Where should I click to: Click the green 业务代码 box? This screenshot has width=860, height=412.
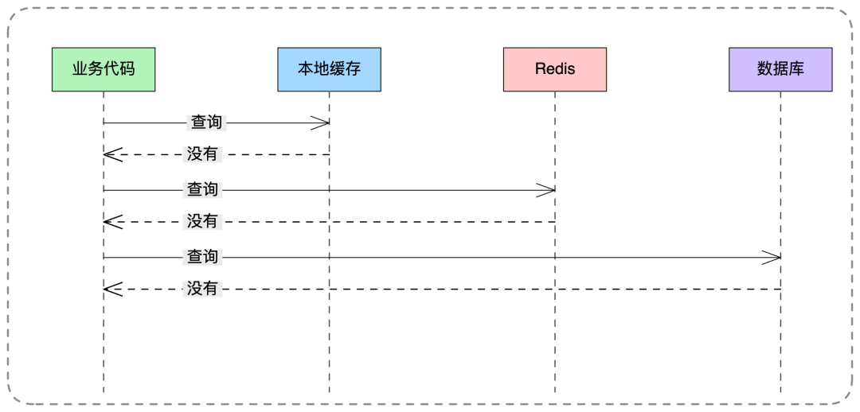click(x=104, y=69)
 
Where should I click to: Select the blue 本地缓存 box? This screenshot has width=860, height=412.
click(x=329, y=69)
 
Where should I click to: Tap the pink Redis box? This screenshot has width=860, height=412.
click(x=554, y=69)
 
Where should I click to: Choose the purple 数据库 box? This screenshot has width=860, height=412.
click(x=780, y=69)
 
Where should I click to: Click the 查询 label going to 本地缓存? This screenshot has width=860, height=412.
click(x=205, y=122)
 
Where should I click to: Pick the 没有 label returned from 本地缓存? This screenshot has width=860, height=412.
click(x=201, y=154)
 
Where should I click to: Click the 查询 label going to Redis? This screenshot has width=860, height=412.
click(x=202, y=190)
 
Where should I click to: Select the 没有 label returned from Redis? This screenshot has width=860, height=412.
click(x=201, y=222)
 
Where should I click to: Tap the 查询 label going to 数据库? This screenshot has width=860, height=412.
click(x=202, y=258)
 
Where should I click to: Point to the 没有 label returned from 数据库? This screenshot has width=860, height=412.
click(x=201, y=290)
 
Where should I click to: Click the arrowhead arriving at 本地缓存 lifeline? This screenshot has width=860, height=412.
click(x=322, y=122)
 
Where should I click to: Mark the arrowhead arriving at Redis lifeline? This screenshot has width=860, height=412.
click(x=547, y=190)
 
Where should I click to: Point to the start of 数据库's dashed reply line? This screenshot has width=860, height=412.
click(x=780, y=290)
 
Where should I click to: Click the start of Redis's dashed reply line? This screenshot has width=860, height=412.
click(x=553, y=222)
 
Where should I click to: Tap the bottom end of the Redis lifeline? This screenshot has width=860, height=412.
click(x=554, y=393)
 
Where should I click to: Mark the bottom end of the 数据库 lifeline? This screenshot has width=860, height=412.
click(x=780, y=393)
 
